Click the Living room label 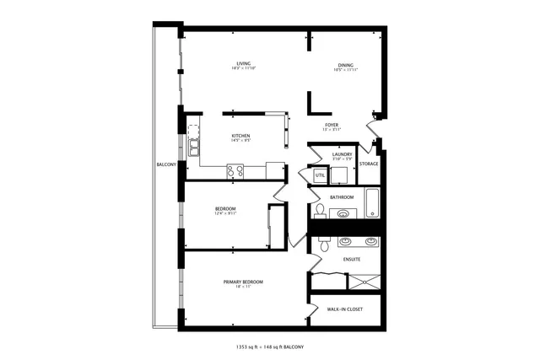click(x=244, y=64)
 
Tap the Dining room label click(x=346, y=64)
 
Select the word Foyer click(x=332, y=126)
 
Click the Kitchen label click(x=241, y=136)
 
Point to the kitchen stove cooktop click(x=235, y=172)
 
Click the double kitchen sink click(x=193, y=146)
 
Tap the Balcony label click(x=165, y=164)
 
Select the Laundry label click(x=342, y=154)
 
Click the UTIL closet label click(x=320, y=175)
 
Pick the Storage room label click(x=369, y=164)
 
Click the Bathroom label click(x=342, y=197)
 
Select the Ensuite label click(x=352, y=259)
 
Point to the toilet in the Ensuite click(x=324, y=248)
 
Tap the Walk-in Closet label click(x=344, y=309)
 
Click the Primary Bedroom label click(x=243, y=282)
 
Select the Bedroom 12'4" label click(x=225, y=209)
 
